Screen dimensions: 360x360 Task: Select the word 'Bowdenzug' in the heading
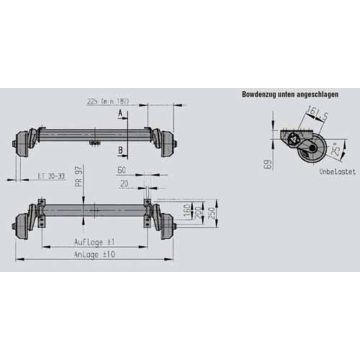tap(259, 93)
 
